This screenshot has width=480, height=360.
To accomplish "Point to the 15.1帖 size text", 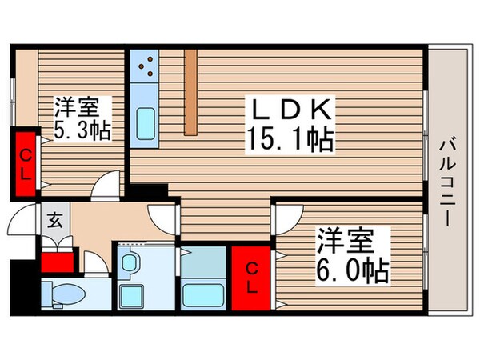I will pos(290,142).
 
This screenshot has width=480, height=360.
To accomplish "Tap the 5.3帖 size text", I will pos(82,130).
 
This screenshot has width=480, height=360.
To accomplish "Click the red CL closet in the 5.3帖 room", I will pos(26,162).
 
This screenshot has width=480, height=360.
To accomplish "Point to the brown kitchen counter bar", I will pos(190,92).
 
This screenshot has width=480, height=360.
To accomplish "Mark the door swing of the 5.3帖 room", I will pos(106,186).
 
